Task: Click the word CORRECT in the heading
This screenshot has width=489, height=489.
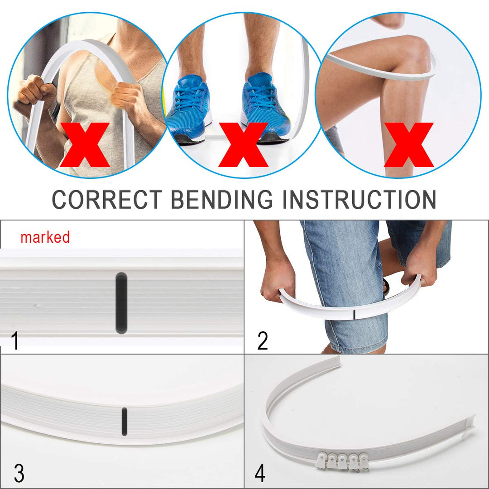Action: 107,199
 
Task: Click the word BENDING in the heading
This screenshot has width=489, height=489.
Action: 222,199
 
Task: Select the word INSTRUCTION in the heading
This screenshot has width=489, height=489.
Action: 359,199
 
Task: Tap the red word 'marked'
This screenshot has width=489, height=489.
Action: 45,237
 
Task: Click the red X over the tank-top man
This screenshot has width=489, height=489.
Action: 85,145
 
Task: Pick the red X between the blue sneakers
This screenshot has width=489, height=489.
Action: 243,145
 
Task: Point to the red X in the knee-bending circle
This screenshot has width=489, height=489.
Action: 408,145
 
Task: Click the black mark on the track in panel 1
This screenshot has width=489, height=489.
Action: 121,303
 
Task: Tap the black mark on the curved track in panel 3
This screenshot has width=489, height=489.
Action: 124,422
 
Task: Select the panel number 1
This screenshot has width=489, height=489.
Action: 14,340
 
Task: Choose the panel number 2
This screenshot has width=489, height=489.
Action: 262,340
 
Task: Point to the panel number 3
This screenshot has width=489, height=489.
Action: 19,473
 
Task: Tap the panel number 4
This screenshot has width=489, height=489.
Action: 260,473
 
